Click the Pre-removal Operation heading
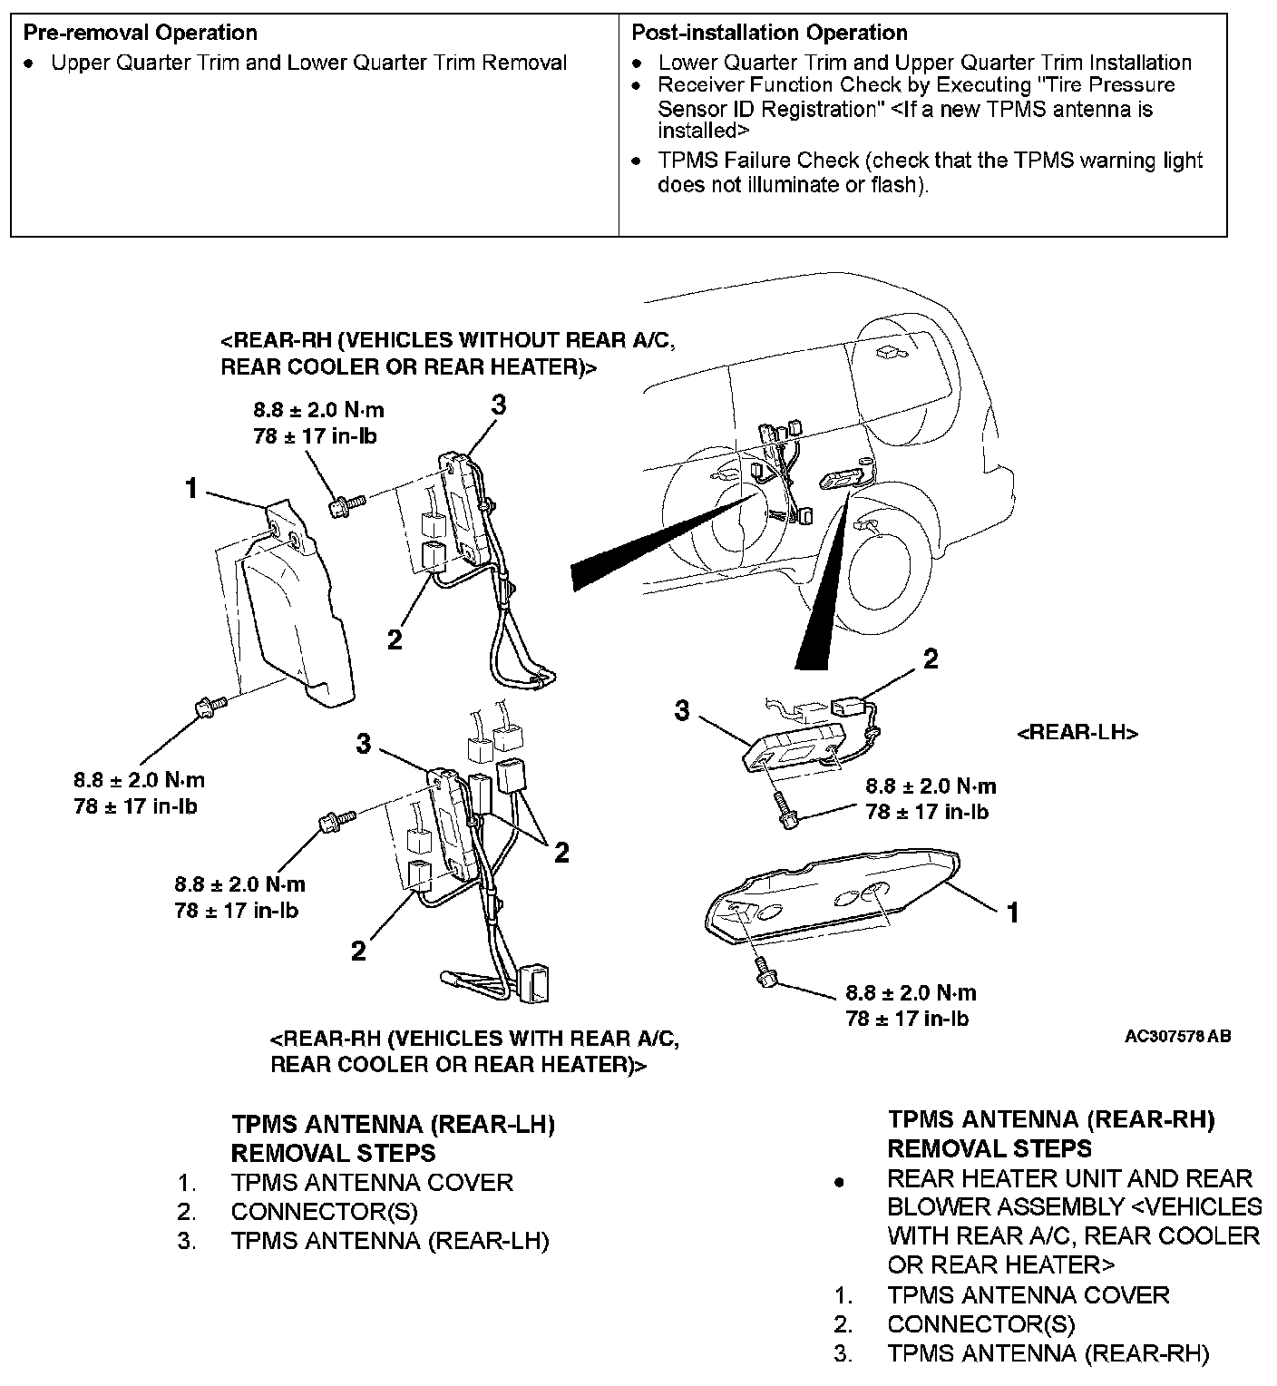(x=140, y=33)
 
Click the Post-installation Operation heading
(x=769, y=33)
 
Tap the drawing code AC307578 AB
(x=1177, y=1036)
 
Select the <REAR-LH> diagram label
(x=1077, y=733)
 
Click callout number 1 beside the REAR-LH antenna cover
(x=1013, y=912)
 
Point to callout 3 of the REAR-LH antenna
(x=681, y=710)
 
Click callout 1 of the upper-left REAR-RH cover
(x=190, y=488)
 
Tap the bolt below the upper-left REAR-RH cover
(x=207, y=705)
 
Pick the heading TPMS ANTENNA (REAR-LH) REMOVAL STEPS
(x=393, y=1138)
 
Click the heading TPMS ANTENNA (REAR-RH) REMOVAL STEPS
(x=1050, y=1134)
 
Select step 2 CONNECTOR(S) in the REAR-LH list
(x=324, y=1211)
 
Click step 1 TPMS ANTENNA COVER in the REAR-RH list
(x=1028, y=1294)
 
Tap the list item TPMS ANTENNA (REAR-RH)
(x=1048, y=1353)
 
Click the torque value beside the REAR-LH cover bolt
(x=911, y=1005)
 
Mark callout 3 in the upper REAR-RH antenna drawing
(x=498, y=405)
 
